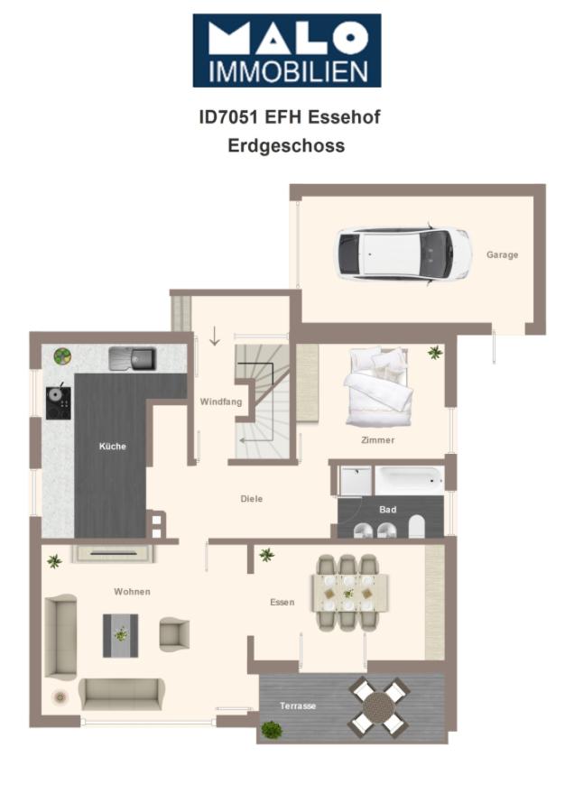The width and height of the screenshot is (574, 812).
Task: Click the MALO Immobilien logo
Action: [286, 51]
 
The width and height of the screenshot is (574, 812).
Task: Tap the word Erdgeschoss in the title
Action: [286, 145]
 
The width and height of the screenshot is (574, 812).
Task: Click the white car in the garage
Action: [403, 254]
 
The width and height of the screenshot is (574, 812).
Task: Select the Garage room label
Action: [503, 255]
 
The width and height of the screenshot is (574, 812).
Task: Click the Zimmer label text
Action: [377, 440]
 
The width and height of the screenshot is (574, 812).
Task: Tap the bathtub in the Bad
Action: [409, 479]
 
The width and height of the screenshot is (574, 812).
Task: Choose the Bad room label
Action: [387, 510]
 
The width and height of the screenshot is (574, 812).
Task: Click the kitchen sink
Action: [132, 359]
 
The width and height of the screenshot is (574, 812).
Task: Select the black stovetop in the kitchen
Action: [59, 402]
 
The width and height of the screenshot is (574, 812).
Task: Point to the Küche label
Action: [113, 447]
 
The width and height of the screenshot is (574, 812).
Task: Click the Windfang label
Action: [221, 401]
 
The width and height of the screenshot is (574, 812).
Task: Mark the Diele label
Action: [252, 499]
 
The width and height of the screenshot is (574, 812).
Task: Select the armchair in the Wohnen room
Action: [174, 633]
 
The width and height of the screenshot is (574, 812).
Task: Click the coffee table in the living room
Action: [120, 634]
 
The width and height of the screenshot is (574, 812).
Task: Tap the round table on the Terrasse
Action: [379, 706]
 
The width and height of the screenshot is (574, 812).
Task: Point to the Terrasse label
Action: [298, 706]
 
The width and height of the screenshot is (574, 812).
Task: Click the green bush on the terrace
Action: [271, 729]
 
